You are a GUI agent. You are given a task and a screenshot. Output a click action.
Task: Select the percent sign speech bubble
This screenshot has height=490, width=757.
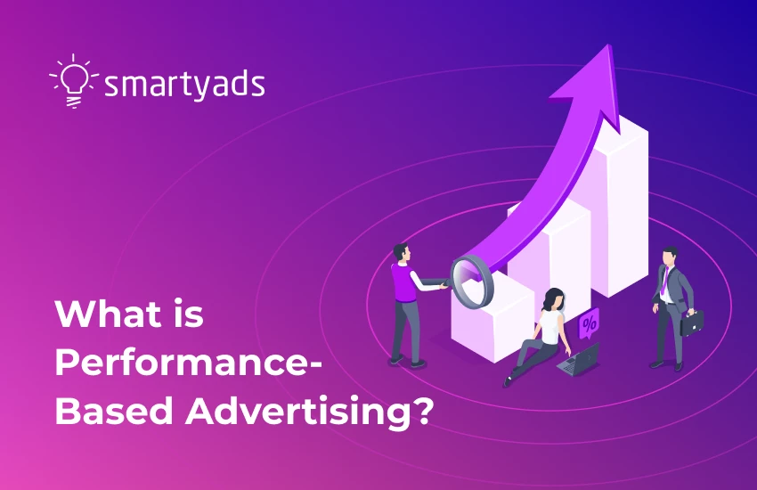pyautogui.click(x=589, y=323)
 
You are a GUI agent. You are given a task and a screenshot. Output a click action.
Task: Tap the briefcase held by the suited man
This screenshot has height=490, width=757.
pyautogui.click(x=692, y=322)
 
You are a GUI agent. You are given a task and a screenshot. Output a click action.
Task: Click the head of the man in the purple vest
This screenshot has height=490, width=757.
pyautogui.click(x=400, y=253)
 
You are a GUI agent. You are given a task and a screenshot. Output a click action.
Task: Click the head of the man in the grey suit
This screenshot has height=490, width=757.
pyautogui.click(x=669, y=257)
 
